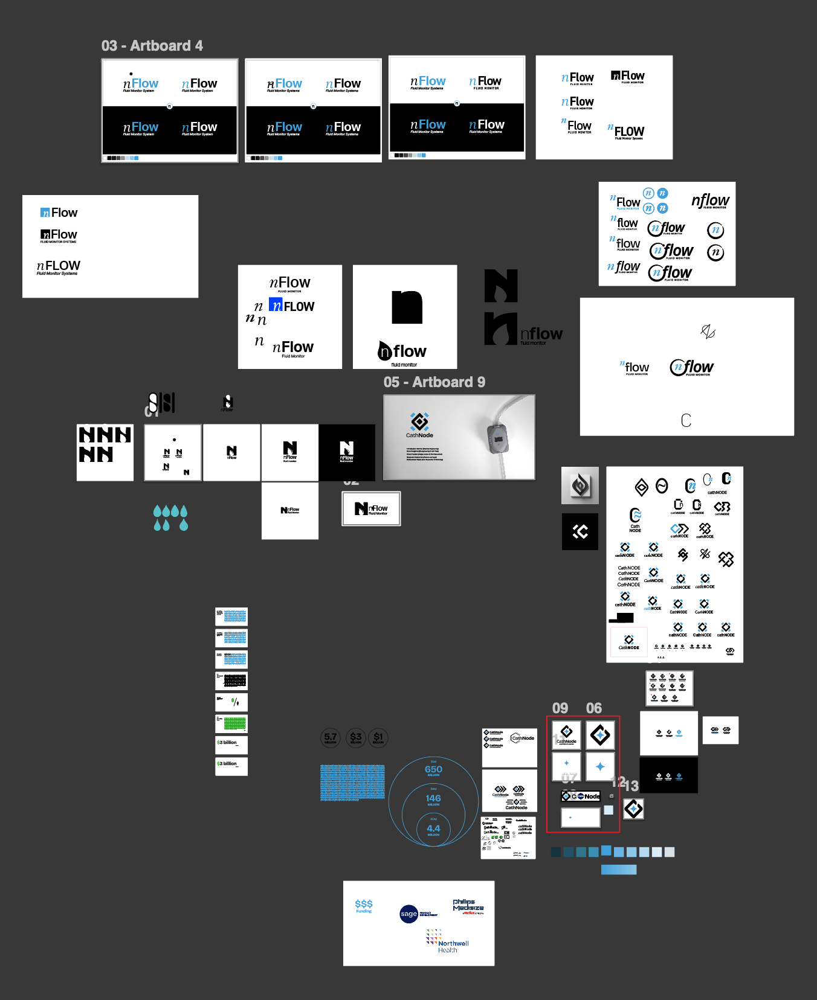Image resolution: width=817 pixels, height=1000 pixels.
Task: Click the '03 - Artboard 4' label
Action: tap(152, 46)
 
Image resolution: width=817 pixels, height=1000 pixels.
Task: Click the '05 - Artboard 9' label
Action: tap(434, 382)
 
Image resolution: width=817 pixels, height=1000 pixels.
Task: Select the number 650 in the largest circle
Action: tap(433, 770)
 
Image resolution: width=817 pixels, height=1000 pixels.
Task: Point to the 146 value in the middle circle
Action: tap(433, 799)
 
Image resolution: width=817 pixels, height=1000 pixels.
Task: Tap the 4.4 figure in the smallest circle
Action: tap(433, 829)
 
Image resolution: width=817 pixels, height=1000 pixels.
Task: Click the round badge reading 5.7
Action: tap(331, 737)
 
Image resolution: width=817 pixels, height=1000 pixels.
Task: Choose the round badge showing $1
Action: tap(378, 737)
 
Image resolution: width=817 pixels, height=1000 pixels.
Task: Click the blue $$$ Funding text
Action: tap(364, 905)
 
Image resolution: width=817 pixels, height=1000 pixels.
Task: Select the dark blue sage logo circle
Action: tap(409, 914)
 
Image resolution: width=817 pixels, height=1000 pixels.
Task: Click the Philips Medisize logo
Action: tap(468, 906)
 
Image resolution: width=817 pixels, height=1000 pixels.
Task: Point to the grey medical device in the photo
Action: tap(497, 438)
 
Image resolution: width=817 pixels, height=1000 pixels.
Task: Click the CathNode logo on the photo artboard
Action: tap(419, 425)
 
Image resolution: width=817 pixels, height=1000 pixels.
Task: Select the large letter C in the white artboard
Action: tap(686, 420)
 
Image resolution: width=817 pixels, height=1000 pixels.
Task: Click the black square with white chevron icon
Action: tap(580, 531)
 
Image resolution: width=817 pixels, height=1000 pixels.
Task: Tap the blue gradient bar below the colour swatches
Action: tap(619, 870)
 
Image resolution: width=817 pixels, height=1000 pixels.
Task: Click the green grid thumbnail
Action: tap(234, 723)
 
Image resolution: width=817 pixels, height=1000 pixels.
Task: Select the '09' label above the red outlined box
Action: tap(560, 708)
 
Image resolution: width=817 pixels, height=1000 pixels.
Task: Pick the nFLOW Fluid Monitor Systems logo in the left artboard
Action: tap(59, 267)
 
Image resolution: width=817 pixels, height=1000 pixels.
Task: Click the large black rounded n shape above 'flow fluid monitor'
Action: tap(407, 307)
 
